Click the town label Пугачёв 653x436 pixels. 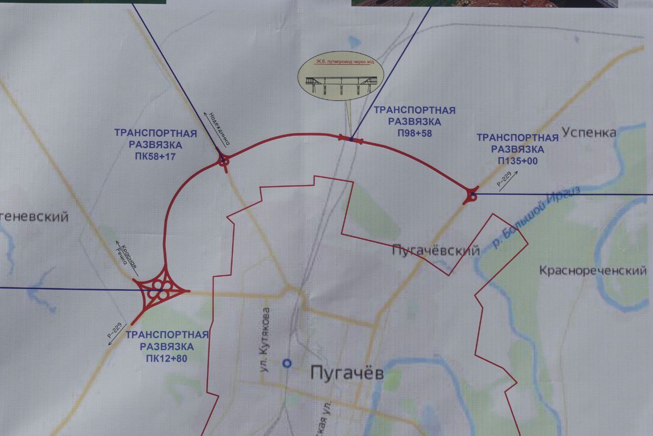tap(347, 373)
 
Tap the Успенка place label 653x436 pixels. tap(589, 133)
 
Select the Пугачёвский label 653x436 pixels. tap(436, 250)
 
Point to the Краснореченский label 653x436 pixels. tap(593, 270)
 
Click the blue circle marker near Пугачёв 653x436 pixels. tap(287, 363)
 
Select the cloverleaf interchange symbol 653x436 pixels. tap(161, 292)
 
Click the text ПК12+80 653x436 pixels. tap(166, 358)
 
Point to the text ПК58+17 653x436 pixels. tap(155, 157)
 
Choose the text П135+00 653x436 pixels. tap(517, 161)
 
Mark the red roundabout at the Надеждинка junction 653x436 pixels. tap(223, 162)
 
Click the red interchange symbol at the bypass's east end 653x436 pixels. tap(471, 195)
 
